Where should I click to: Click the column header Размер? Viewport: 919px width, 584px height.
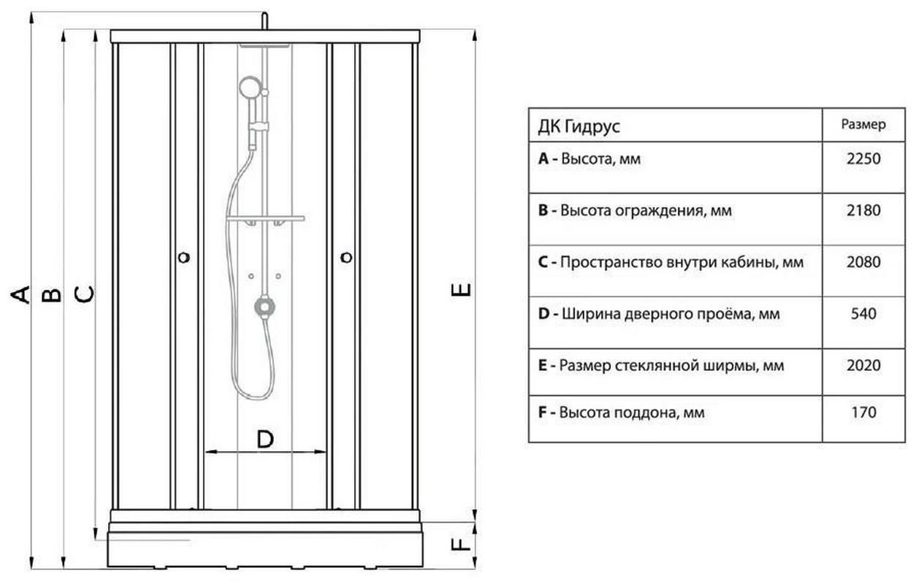pos(863,125)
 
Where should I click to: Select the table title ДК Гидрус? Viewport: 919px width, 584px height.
pos(579,126)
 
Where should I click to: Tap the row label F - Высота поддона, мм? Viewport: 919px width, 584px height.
pos(621,413)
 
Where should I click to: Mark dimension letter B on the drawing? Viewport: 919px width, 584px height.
pos(51,293)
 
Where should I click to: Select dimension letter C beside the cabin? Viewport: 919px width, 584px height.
pos(85,293)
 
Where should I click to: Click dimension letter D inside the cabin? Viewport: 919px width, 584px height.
pos(265,439)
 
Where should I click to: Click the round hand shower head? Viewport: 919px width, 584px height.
pos(250,88)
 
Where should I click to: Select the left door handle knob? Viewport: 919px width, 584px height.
pos(184,257)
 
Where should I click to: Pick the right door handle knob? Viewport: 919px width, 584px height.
pos(346,257)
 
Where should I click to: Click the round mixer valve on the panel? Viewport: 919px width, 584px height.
pos(264,307)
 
